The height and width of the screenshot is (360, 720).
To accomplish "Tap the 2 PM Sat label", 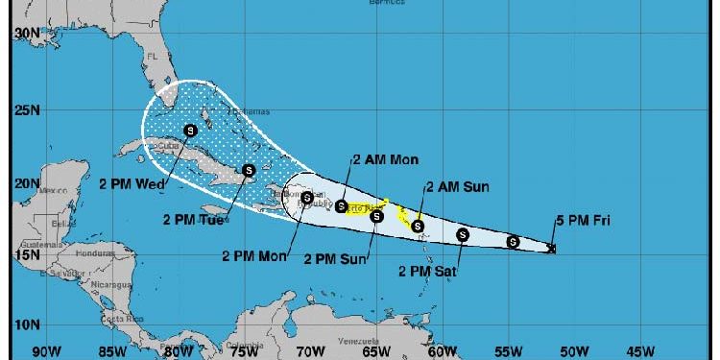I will pyautogui.click(x=427, y=272).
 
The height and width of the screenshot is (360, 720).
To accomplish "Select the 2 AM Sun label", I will pyautogui.click(x=457, y=186).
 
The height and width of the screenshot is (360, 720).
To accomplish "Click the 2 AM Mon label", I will pyautogui.click(x=385, y=159).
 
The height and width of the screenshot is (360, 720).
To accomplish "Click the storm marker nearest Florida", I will pyautogui.click(x=190, y=130).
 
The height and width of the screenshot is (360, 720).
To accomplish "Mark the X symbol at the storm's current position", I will pyautogui.click(x=551, y=250).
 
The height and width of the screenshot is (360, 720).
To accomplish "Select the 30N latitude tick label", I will pyautogui.click(x=26, y=33).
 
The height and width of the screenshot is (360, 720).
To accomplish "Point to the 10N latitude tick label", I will pyautogui.click(x=26, y=324).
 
